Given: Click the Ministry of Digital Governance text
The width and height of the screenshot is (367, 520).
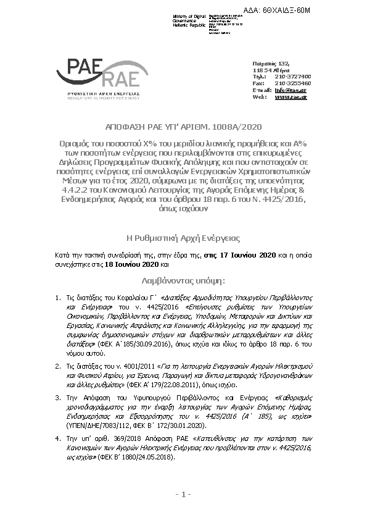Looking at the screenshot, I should pos(189,19).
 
